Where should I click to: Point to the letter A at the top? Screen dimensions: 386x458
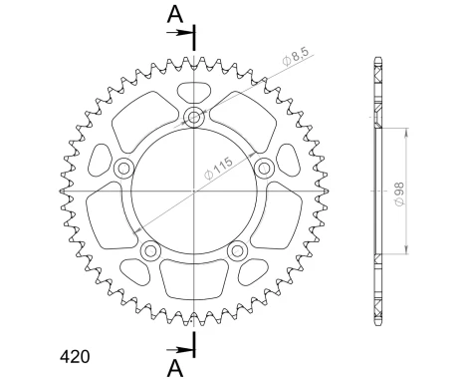coord(174,16)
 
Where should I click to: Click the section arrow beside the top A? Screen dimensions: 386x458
coord(184,33)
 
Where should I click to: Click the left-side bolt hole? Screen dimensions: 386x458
coord(123,168)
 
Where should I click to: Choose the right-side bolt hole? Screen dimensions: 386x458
coord(265,168)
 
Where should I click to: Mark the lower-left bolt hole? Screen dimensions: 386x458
coord(151,250)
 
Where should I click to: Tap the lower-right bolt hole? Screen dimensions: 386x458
coord(237,250)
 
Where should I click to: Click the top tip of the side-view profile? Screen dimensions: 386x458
coord(377,58)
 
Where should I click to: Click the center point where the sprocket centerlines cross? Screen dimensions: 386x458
coord(194,190)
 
